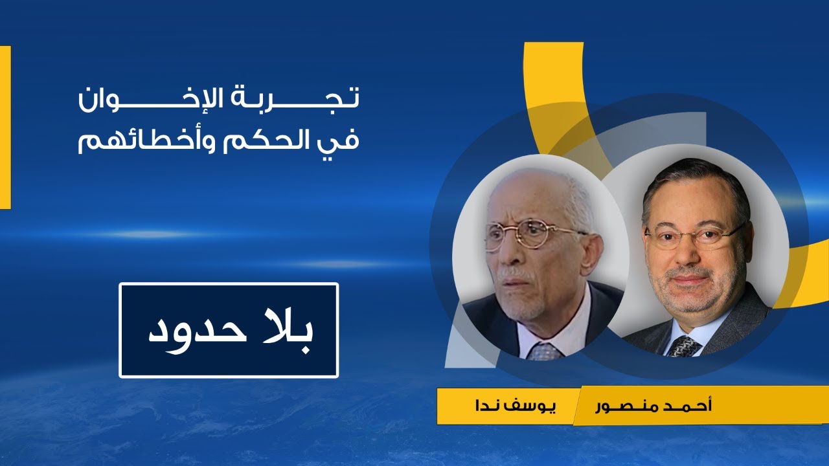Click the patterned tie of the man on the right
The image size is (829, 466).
point(684,347)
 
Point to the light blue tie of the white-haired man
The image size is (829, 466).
point(544,351)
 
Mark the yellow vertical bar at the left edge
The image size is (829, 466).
point(5,128)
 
